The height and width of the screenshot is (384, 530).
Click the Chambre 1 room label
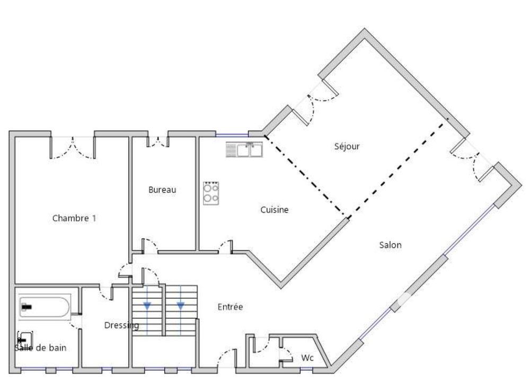coord(74,218)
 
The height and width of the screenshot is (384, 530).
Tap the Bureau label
coord(162,190)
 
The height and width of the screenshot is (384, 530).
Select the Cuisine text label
coord(275,210)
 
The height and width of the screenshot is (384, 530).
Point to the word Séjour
coord(347,146)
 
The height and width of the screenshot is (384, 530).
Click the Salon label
coord(391,245)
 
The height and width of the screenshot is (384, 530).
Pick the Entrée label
coord(231,307)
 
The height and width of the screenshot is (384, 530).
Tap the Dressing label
coord(121,325)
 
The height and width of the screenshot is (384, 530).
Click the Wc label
coord(307,358)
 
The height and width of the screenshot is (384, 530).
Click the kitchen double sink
coord(245,150)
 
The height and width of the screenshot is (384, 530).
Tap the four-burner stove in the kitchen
coord(211,193)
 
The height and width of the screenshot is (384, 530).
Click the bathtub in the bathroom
coord(45,307)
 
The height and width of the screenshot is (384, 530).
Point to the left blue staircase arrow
coord(147,305)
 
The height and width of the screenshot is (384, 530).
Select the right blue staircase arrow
coord(181,305)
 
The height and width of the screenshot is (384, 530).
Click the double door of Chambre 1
coord(73,148)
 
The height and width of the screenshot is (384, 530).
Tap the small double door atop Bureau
coord(157,141)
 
